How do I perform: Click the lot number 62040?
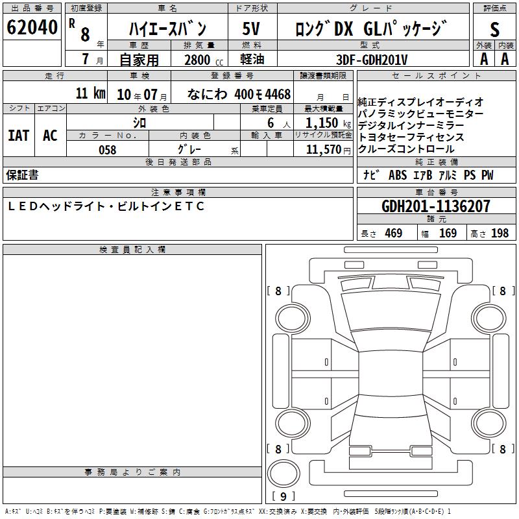click(x=32, y=27)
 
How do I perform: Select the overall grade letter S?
click(x=494, y=29)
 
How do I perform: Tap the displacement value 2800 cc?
click(x=204, y=60)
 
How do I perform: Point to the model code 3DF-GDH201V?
click(x=372, y=60)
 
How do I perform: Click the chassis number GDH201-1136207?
click(x=436, y=206)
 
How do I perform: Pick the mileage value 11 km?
click(x=91, y=93)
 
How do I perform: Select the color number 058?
click(x=108, y=150)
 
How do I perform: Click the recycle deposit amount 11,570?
click(x=324, y=150)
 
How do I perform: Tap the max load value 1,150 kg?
click(x=328, y=123)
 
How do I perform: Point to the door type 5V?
click(x=251, y=29)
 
